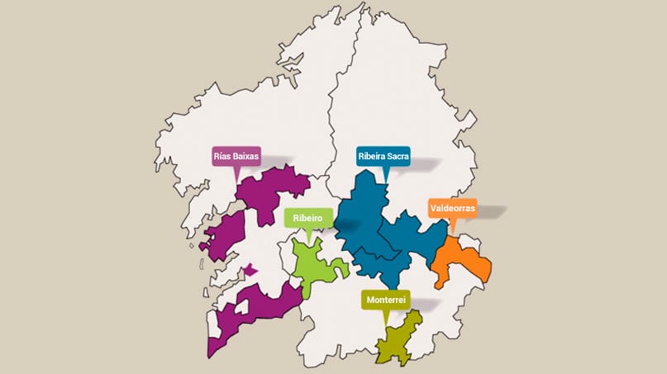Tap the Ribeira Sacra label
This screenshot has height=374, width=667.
click(x=384, y=157)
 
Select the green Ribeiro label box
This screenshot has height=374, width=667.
click(x=307, y=218)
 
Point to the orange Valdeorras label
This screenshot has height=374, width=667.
click(x=452, y=209)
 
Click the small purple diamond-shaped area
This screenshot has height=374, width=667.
click(x=250, y=270)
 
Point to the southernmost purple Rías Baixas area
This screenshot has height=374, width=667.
click(x=248, y=314)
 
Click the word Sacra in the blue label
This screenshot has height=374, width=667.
click(x=396, y=157)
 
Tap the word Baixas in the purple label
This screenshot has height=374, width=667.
click(x=248, y=157)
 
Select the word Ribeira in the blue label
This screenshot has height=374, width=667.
click(x=370, y=157)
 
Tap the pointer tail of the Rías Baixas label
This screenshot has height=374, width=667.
click(x=238, y=174)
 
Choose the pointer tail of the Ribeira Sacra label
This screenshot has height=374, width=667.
click(x=384, y=174)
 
